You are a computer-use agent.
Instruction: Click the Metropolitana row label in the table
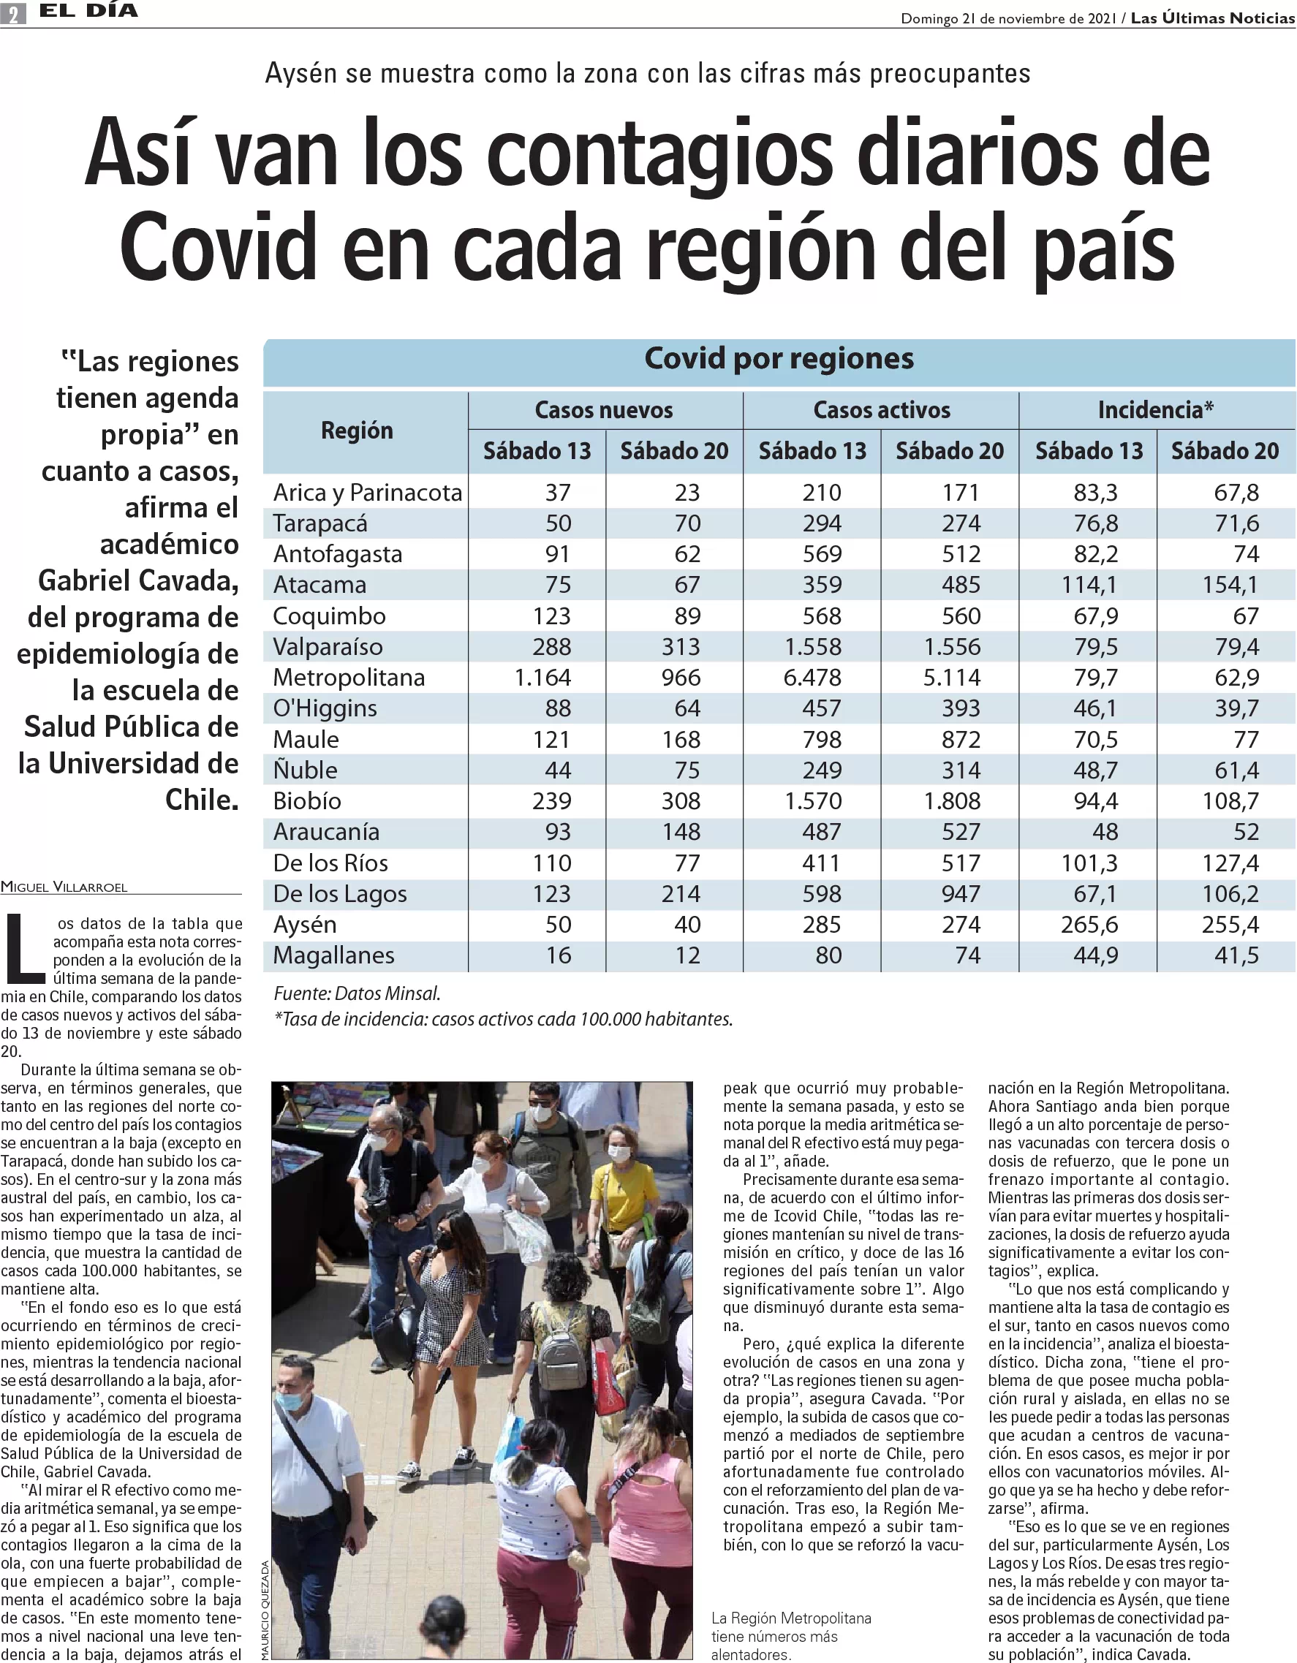tap(349, 677)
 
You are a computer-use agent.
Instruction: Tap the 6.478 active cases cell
tap(812, 677)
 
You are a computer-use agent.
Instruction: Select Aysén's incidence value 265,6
tap(1089, 925)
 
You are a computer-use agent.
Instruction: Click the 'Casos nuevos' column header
tap(604, 410)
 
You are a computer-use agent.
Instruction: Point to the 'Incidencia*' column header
tap(1155, 410)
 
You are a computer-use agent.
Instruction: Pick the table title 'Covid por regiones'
tap(779, 359)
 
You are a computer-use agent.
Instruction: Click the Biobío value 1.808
tap(952, 801)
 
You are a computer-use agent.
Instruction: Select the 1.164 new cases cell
tap(542, 677)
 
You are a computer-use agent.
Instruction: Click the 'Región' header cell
tap(358, 431)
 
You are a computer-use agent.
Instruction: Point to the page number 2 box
tap(13, 13)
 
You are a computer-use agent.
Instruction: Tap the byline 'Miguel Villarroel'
tap(64, 887)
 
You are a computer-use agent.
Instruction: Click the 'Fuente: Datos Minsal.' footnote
tap(357, 993)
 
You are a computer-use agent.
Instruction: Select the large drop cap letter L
tap(23, 948)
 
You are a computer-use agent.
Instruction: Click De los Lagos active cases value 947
tap(961, 894)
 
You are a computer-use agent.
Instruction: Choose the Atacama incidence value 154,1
tap(1229, 585)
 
